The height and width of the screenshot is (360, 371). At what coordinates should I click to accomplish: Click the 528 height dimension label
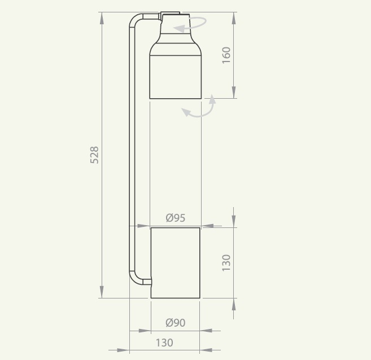click(x=94, y=155)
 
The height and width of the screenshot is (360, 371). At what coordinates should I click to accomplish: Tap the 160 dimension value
click(x=226, y=55)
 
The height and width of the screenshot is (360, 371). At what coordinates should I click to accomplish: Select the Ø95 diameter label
click(x=176, y=218)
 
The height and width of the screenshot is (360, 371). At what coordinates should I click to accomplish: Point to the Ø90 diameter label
click(x=176, y=322)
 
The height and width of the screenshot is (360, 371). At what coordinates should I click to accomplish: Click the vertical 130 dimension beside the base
click(x=226, y=263)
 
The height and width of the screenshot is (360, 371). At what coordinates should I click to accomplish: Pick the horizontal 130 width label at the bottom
click(x=164, y=343)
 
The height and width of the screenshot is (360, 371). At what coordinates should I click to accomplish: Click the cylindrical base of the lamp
click(x=175, y=263)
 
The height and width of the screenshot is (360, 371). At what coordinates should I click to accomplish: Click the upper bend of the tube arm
click(x=134, y=19)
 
